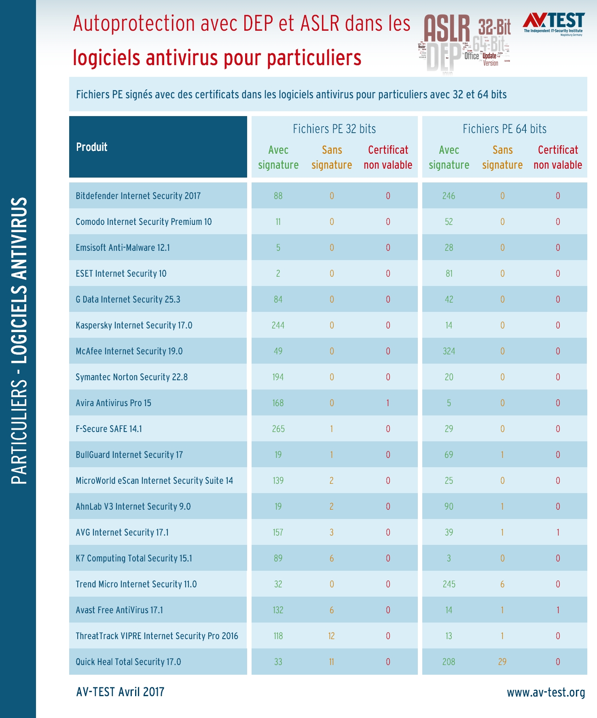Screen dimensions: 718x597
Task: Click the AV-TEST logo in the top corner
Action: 553,23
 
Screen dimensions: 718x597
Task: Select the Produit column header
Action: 92,147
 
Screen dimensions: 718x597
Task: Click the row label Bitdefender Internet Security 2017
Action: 138,196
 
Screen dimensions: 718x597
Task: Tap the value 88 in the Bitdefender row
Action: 278,196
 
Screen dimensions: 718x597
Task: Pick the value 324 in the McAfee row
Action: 449,351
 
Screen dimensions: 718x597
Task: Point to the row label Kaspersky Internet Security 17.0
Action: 134,325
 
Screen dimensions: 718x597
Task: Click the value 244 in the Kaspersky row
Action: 278,325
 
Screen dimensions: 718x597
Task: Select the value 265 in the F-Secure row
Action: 278,429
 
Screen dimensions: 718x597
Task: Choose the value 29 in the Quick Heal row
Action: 502,662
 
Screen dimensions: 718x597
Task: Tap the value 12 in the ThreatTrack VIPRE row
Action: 332,636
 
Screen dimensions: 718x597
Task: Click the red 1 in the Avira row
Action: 388,403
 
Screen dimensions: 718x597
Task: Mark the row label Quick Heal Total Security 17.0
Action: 128,662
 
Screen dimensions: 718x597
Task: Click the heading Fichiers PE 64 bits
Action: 504,129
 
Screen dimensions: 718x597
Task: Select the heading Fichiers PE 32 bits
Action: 334,129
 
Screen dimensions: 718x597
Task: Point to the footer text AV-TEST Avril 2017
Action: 120,692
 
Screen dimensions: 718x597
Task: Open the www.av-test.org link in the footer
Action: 546,693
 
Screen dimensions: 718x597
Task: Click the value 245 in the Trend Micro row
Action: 449,584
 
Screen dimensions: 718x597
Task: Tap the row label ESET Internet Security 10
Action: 121,273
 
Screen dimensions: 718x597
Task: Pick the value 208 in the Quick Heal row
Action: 449,662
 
